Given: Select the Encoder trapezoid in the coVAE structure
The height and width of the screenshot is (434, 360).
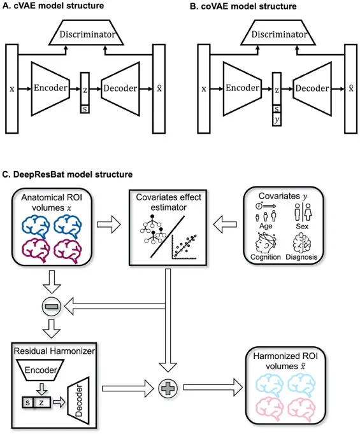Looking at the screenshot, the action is point(242,88).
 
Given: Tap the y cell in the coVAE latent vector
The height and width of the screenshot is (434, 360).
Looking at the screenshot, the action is point(277,120).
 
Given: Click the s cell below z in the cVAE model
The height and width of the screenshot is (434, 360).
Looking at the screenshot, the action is point(85,109).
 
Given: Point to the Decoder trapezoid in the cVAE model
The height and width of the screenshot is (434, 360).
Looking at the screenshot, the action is point(120,88).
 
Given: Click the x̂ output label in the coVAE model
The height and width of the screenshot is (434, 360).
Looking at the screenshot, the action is point(351,88).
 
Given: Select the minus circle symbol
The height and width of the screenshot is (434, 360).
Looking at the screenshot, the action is point(51,306).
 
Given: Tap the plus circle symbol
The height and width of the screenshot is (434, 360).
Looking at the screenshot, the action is point(168,388).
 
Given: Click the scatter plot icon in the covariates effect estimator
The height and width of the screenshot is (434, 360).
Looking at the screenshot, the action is point(184,247).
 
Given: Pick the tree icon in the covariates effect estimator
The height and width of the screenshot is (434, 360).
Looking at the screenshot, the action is point(153,229).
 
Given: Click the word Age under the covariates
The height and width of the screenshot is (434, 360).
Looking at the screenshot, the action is point(266,226).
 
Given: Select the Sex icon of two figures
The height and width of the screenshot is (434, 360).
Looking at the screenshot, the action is point(303,213).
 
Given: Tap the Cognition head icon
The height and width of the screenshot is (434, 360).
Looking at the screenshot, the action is point(265,242).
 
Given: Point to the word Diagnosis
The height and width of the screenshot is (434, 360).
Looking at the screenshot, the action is point(301,257).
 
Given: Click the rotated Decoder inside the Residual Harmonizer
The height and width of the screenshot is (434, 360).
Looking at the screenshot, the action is point(78,400).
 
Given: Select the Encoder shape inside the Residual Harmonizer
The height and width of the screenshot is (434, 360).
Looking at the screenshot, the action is point(41,370).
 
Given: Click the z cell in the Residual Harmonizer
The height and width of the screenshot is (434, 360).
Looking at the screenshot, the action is point(42,402).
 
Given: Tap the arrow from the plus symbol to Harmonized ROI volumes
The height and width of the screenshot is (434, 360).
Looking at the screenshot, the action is point(213,387).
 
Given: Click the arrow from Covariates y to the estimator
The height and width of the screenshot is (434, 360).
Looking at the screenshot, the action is point(225,224).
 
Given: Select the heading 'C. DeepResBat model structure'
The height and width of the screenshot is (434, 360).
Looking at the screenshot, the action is point(68,174).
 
